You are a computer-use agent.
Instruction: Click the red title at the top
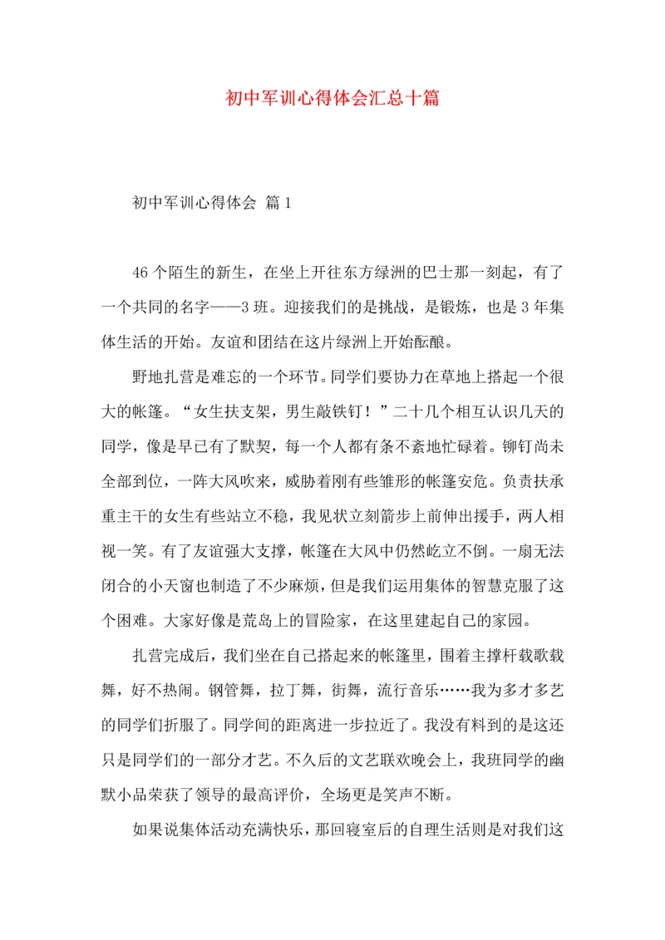pos(332,98)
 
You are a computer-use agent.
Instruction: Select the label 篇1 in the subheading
pos(275,202)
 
